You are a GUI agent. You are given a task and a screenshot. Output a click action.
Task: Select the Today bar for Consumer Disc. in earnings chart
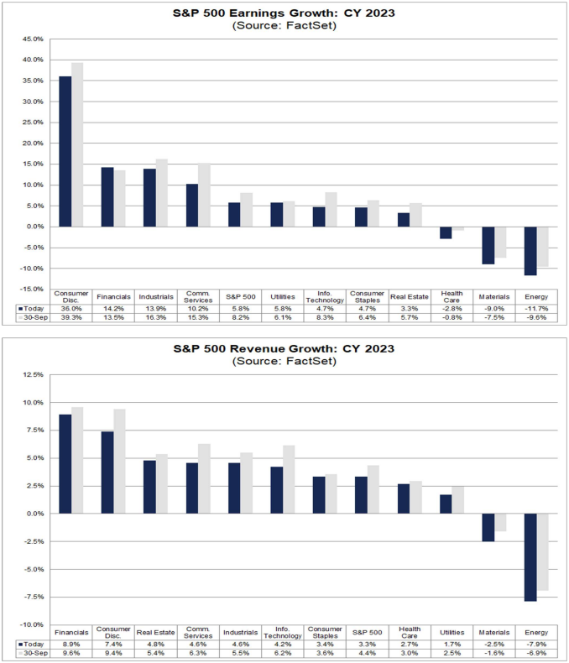click(65, 151)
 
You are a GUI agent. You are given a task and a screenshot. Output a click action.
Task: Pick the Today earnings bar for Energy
click(530, 251)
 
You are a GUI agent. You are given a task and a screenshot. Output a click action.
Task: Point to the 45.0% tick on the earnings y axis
click(32, 39)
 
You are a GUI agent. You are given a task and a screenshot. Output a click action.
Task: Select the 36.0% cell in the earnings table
click(71, 308)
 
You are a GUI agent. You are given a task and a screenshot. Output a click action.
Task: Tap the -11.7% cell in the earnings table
click(537, 308)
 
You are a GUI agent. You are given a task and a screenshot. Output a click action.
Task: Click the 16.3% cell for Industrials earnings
click(156, 318)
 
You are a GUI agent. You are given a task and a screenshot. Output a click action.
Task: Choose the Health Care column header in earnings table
click(452, 296)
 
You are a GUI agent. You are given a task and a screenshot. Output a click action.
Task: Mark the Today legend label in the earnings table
click(31, 308)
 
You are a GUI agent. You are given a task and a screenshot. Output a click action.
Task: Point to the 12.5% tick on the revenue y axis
click(32, 374)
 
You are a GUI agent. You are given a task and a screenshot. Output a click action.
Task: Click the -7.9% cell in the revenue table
click(537, 644)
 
